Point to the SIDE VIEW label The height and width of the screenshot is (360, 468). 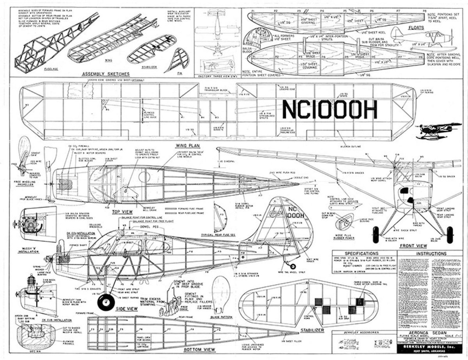pos(127,309)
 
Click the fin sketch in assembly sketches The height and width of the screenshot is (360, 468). pos(180,58)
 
